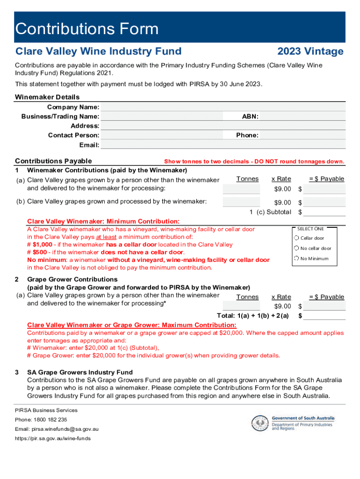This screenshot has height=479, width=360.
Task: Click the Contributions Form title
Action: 87,29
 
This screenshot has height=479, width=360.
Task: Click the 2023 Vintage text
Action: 310,51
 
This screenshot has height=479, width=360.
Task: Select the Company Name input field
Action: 223,107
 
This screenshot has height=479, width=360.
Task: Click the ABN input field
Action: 302,116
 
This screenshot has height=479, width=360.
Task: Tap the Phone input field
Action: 302,136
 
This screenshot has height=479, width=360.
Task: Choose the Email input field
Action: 223,145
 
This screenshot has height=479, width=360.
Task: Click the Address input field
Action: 223,126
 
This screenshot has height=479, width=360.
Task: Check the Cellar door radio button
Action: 296,238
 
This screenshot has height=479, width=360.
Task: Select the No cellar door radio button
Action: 296,248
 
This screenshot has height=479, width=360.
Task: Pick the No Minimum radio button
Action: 296,258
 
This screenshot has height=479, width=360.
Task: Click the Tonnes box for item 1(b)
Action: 241,202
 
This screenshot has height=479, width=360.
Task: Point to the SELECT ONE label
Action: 310,229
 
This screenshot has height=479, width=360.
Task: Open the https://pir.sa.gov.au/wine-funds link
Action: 53,438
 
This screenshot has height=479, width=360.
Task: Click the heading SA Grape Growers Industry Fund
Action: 80,372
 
